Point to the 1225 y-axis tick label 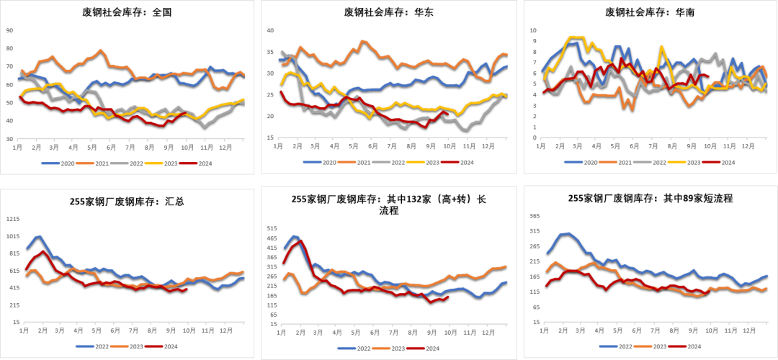(x=12, y=219)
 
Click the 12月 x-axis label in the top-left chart (x=226, y=146)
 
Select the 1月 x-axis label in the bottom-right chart (x=542, y=329)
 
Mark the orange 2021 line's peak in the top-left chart (x=101, y=50)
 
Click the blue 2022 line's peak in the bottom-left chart (x=39, y=235)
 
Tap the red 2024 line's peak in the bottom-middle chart (x=300, y=240)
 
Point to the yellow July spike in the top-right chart (x=661, y=47)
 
